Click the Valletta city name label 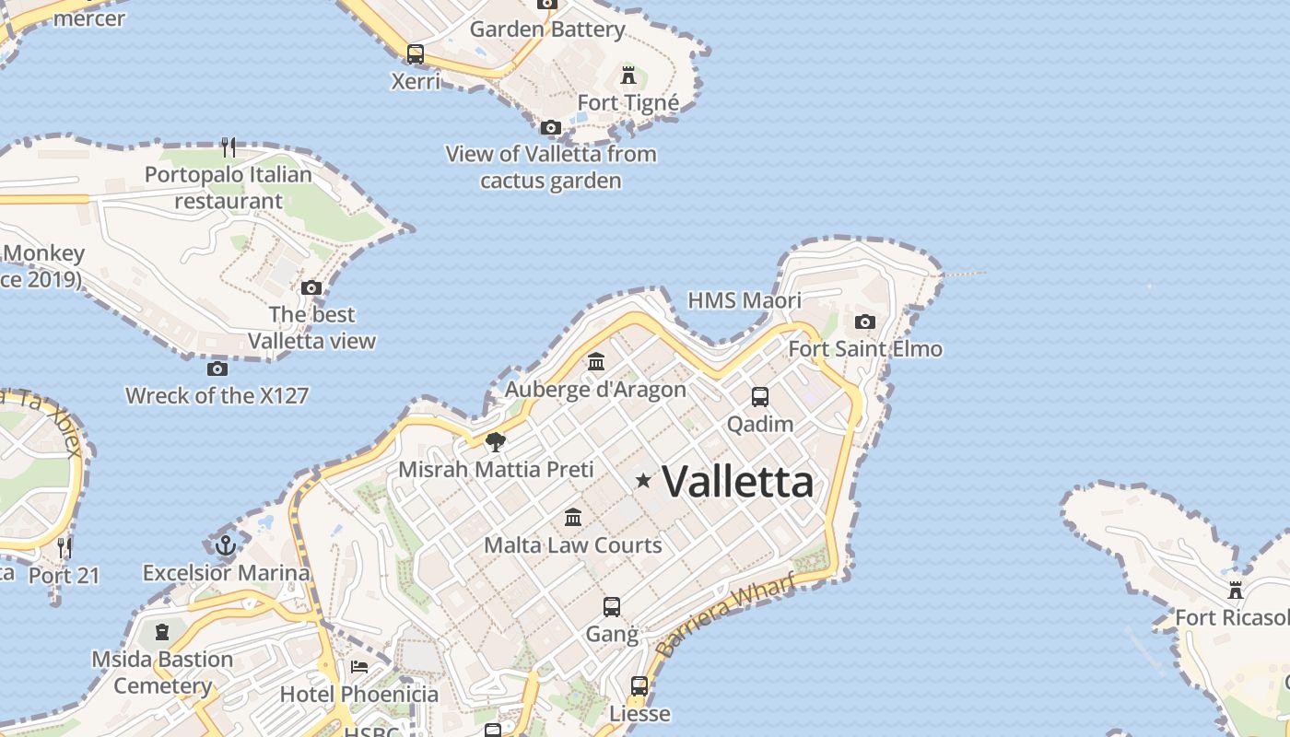[x=737, y=482]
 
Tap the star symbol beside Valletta [x=643, y=480]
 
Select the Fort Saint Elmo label [x=864, y=349]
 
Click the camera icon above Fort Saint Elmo [x=864, y=322]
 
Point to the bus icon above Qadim [x=760, y=397]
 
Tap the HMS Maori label [x=745, y=300]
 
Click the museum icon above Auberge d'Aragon [x=596, y=362]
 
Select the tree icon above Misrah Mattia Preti [x=496, y=442]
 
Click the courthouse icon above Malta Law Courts [x=573, y=517]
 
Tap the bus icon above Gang [x=612, y=607]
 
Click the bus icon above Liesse [x=639, y=686]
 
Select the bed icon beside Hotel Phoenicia [x=359, y=667]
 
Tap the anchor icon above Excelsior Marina [x=226, y=545]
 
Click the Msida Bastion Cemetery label [x=162, y=673]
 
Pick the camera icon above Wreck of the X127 [x=217, y=368]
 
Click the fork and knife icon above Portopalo [x=229, y=146]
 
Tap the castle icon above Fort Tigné [x=628, y=75]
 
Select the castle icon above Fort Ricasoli [x=1236, y=590]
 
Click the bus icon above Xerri [x=416, y=53]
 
